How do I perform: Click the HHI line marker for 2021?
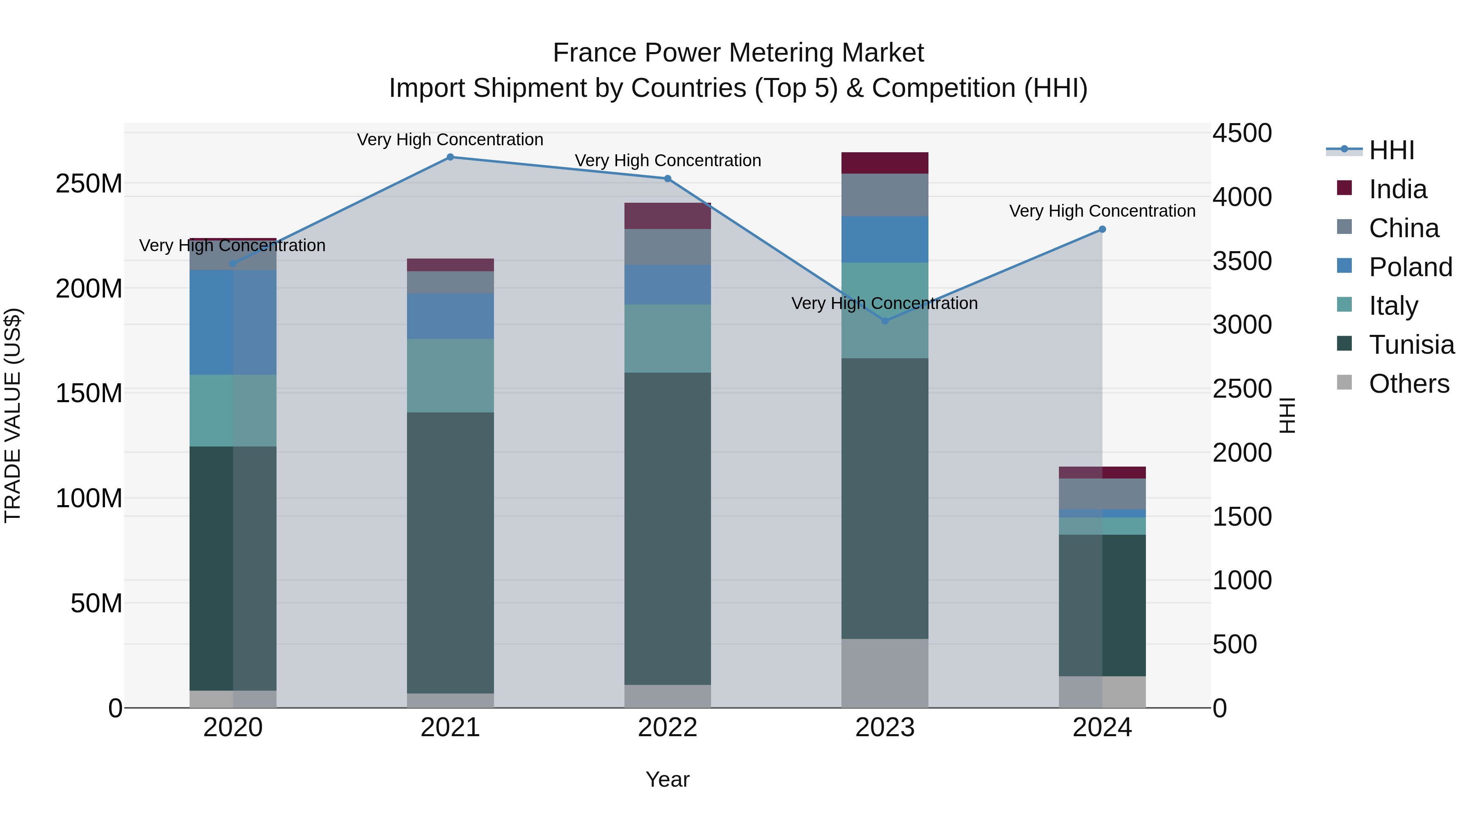450,157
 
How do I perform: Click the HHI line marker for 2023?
885,321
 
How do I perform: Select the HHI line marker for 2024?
1102,229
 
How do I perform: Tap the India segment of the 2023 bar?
885,163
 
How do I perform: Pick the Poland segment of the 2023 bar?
885,239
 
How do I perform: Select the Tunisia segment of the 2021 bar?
450,552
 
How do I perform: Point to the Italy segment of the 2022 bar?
668,339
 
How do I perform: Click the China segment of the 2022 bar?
668,247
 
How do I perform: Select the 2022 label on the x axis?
668,728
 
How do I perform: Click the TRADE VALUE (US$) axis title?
13,415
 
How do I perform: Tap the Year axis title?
668,779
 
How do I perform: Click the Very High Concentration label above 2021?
450,140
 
